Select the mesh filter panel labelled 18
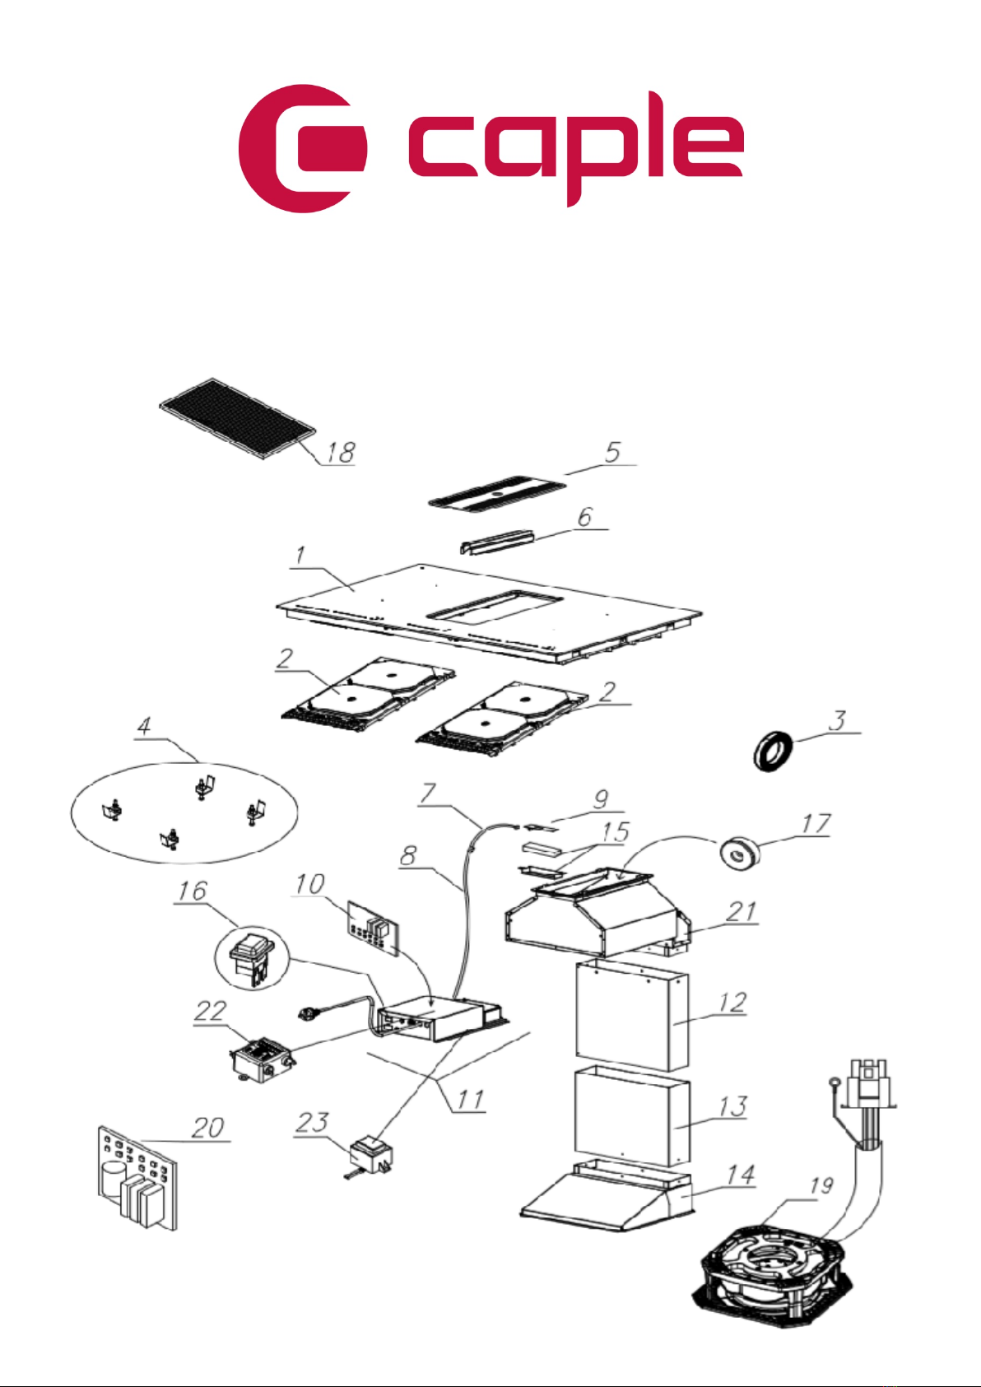(x=237, y=418)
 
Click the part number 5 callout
(x=613, y=452)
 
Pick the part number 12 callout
(x=732, y=1002)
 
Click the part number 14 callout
(x=740, y=1175)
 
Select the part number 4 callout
(x=144, y=726)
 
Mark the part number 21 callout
(x=741, y=911)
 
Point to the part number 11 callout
(x=470, y=1100)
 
